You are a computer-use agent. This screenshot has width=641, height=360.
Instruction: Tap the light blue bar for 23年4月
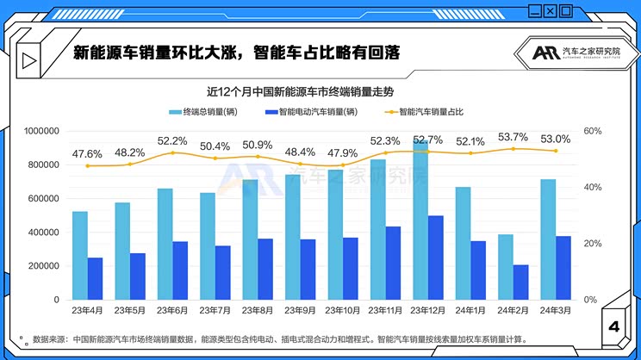tap(80, 255)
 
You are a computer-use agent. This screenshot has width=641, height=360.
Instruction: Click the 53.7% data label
tap(513, 137)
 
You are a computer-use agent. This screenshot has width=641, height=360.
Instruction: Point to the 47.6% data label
tap(87, 154)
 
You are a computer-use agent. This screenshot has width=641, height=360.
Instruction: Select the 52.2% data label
tap(172, 141)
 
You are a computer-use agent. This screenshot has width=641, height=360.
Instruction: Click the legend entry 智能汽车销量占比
tap(428, 112)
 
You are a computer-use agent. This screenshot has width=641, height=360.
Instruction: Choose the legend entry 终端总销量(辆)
tap(203, 112)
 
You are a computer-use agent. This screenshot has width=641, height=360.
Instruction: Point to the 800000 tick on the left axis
tap(40, 164)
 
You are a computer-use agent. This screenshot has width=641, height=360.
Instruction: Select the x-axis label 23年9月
tap(300, 310)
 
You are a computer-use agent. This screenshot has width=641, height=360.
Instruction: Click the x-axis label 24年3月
tap(556, 310)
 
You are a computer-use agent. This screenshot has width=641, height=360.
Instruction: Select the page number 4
tap(613, 326)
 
